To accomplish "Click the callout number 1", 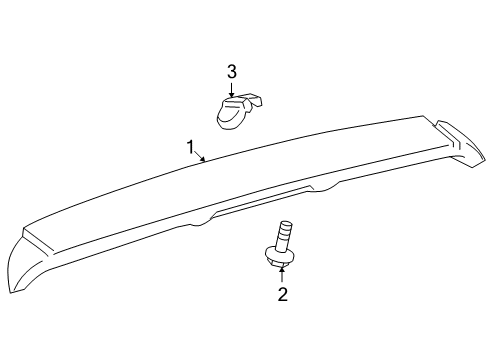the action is (x=189, y=148).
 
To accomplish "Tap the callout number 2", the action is (x=282, y=295).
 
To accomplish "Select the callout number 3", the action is (x=231, y=70).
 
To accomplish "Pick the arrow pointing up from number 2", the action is (x=282, y=273).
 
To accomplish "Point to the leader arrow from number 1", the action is (x=201, y=157).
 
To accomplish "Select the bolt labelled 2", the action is (x=282, y=247).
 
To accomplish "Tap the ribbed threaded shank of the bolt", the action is (x=283, y=235).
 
